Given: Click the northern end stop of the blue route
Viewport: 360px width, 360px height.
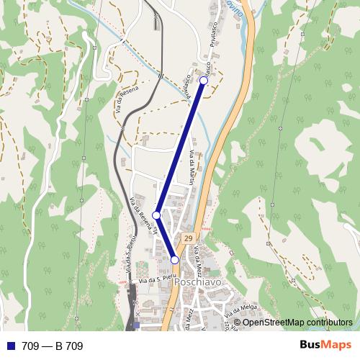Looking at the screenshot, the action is [x=204, y=81].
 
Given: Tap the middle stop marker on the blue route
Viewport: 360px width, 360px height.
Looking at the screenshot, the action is [x=156, y=215].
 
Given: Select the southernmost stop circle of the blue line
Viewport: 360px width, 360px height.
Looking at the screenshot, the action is [x=175, y=260].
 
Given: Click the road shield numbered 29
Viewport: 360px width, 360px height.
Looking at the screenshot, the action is [x=188, y=238].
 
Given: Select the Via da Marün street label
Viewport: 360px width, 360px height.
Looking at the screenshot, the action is [x=192, y=167].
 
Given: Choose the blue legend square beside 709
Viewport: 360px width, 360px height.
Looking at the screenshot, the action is [x=11, y=346].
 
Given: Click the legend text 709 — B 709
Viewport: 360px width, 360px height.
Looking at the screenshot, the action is [x=52, y=346].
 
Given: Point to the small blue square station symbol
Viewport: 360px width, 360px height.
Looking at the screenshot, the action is [x=136, y=325].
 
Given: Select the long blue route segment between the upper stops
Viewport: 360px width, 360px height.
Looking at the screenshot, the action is [x=180, y=148].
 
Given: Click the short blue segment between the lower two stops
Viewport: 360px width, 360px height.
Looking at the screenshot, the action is [x=166, y=238].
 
